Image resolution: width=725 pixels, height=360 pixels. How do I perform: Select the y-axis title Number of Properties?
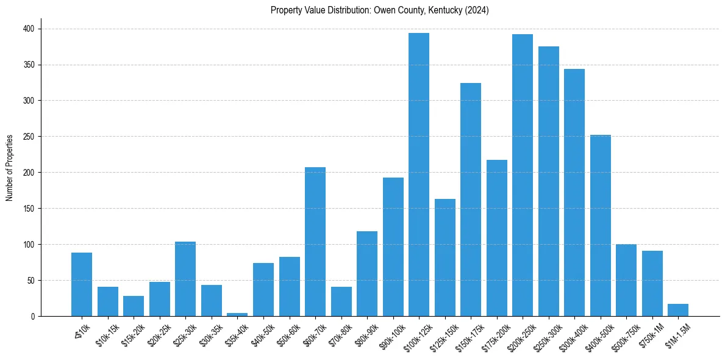[10, 168]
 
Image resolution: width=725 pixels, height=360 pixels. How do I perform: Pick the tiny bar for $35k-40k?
[237, 314]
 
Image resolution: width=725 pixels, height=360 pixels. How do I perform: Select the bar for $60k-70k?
[315, 242]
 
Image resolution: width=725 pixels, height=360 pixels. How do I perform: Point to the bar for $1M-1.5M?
[677, 310]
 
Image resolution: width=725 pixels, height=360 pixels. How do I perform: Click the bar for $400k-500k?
[600, 226]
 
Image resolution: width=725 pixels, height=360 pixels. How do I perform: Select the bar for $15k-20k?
[134, 306]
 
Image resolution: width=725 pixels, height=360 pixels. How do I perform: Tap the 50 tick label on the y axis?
[32, 281]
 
